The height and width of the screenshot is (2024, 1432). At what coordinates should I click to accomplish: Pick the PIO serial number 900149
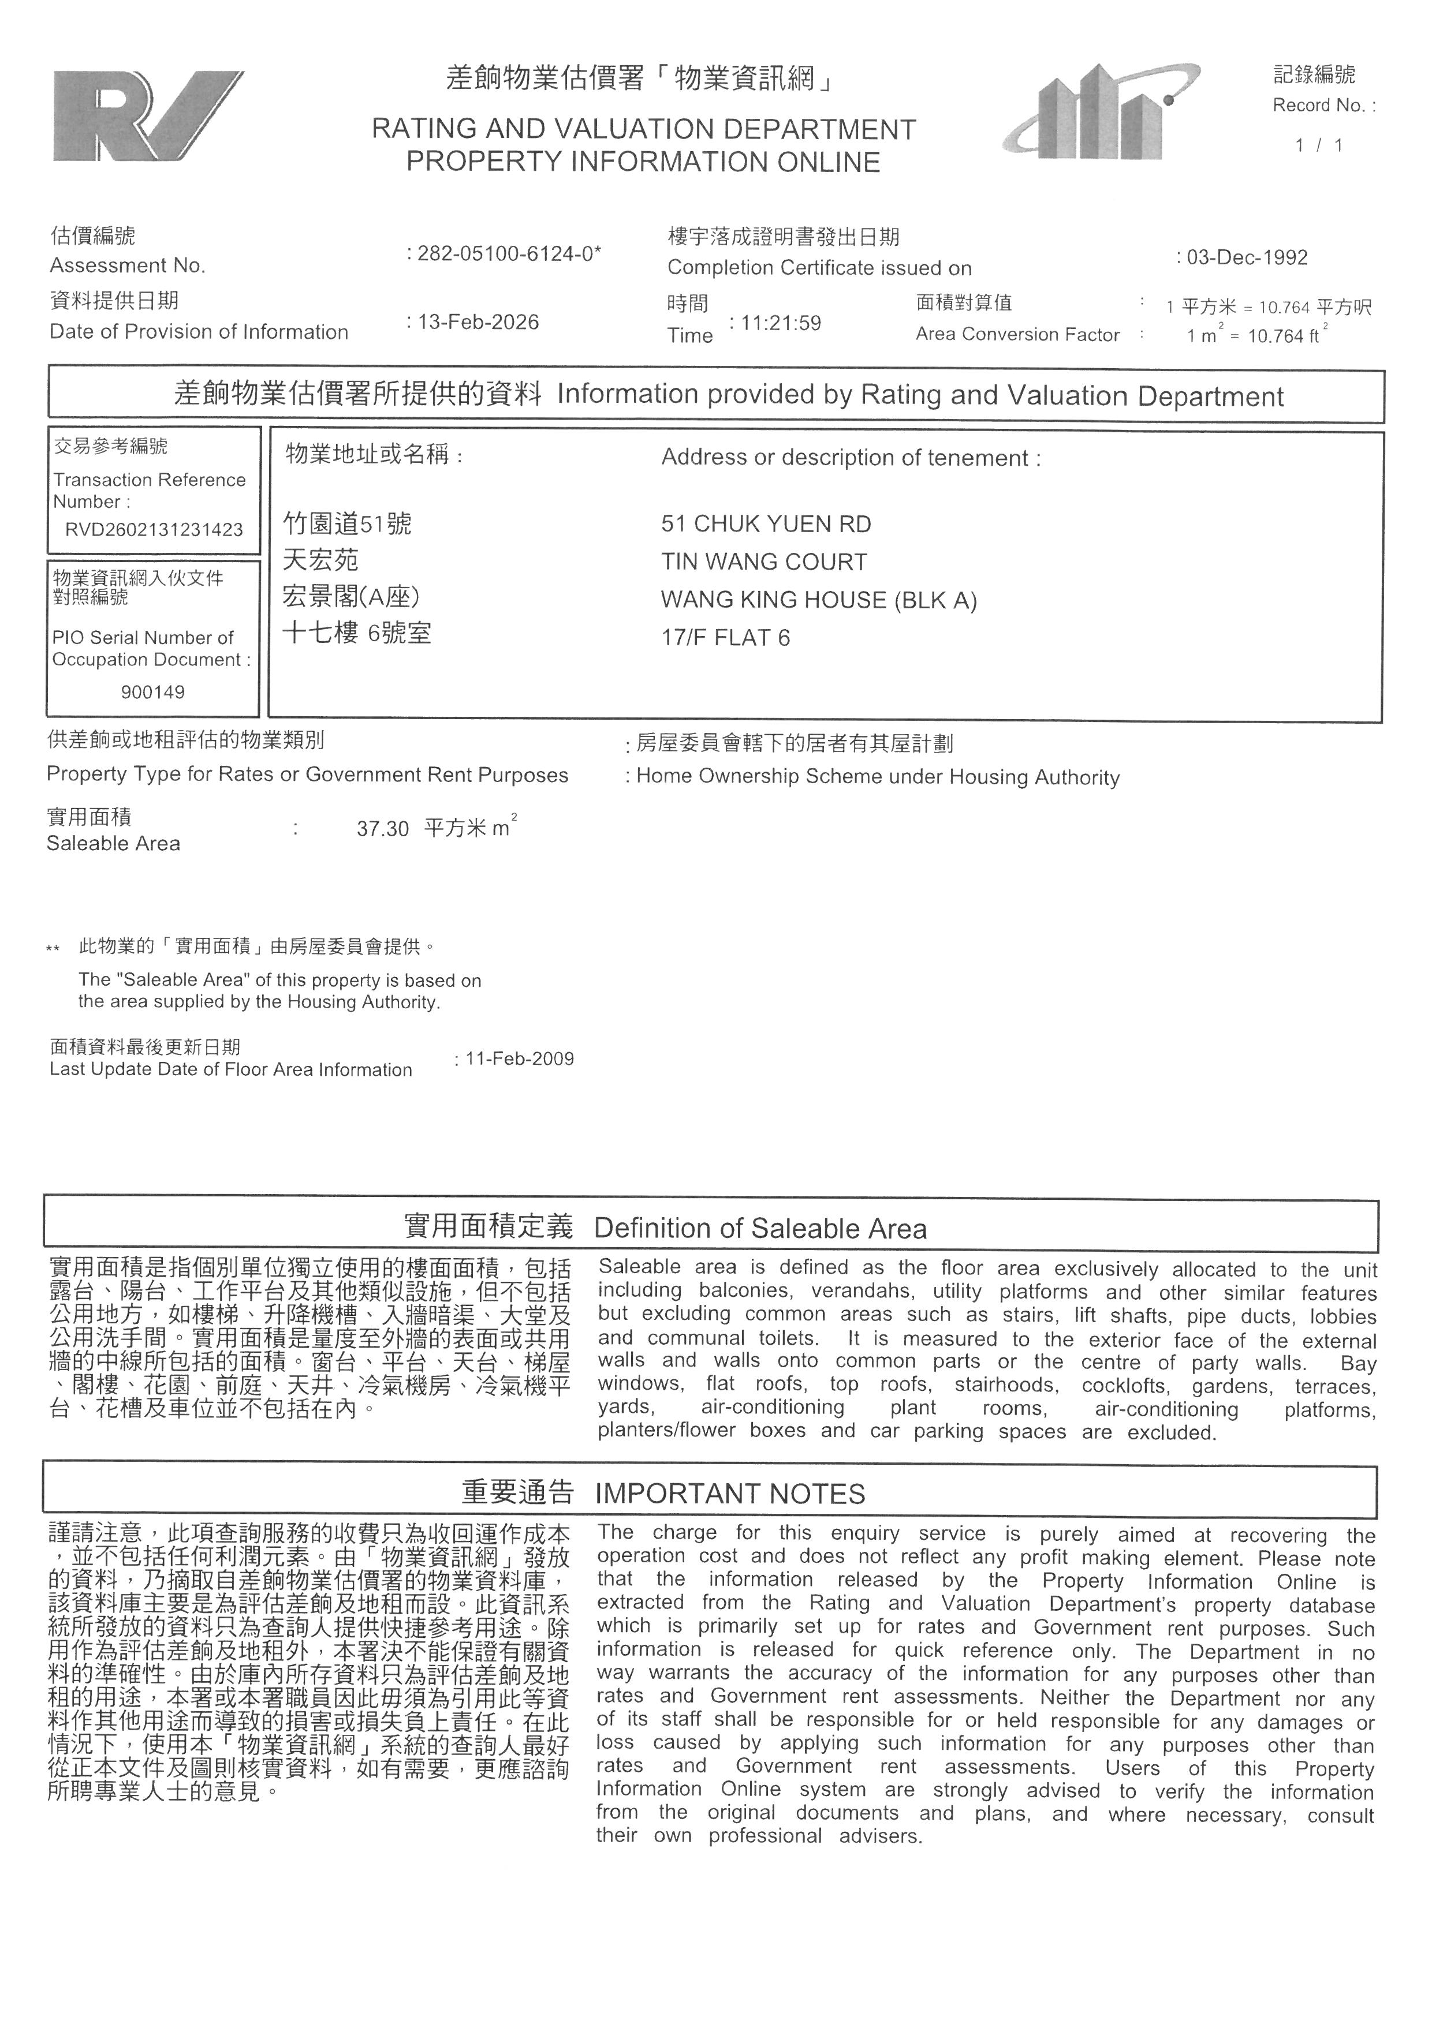(x=152, y=692)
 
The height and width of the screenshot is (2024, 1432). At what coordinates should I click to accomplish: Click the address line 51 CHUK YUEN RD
(x=766, y=525)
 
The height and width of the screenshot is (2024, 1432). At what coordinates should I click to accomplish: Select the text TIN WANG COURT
(x=763, y=563)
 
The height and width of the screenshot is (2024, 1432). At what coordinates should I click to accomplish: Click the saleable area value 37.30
(x=383, y=829)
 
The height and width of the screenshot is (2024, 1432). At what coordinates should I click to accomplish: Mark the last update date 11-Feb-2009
(x=519, y=1058)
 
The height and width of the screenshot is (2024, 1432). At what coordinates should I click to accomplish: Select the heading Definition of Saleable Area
(x=760, y=1229)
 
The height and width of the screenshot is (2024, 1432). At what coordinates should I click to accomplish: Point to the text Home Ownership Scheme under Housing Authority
(x=877, y=777)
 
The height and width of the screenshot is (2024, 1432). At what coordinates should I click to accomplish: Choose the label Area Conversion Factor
(x=1017, y=335)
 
